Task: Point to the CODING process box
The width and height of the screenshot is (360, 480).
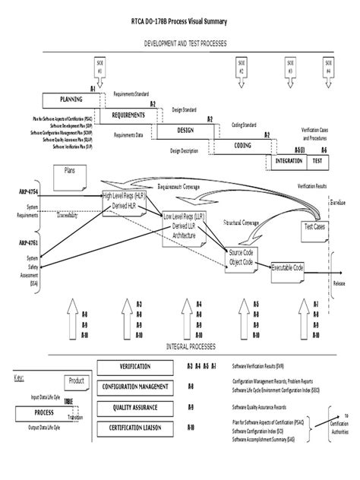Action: coord(243,145)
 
